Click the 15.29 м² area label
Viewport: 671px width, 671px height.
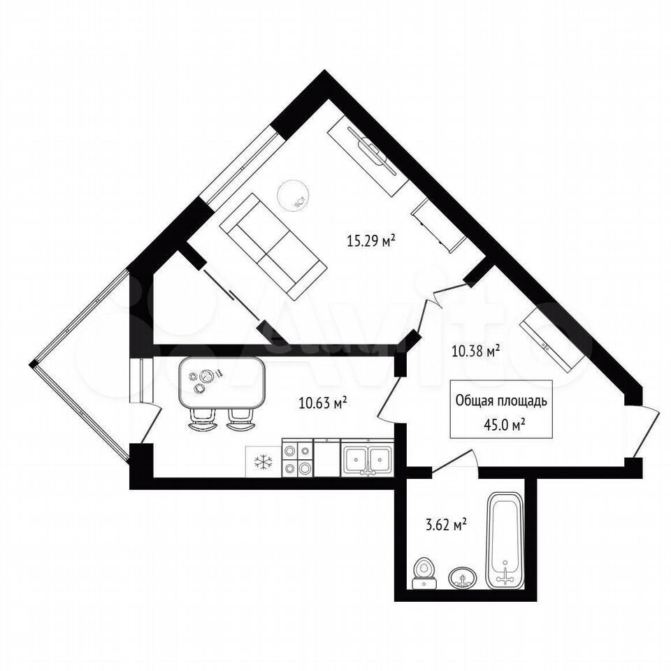click(x=370, y=240)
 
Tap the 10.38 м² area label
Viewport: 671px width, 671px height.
click(x=476, y=352)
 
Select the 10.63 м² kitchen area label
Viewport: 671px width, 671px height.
click(x=323, y=403)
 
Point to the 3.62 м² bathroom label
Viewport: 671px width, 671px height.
click(x=445, y=524)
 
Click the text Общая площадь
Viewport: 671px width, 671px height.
click(x=501, y=401)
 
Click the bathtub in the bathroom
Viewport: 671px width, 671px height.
click(x=505, y=541)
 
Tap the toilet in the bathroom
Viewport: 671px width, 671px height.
click(x=424, y=573)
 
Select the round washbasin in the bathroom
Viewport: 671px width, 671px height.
click(x=463, y=578)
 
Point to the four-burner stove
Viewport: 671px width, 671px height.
click(x=298, y=458)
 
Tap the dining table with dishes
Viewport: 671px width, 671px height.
click(x=222, y=382)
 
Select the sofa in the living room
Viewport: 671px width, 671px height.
click(x=274, y=246)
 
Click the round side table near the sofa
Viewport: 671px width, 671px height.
click(x=293, y=195)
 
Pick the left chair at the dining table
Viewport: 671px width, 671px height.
click(x=201, y=419)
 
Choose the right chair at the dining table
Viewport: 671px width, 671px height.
click(x=240, y=419)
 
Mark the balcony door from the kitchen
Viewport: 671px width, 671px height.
click(x=151, y=424)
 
